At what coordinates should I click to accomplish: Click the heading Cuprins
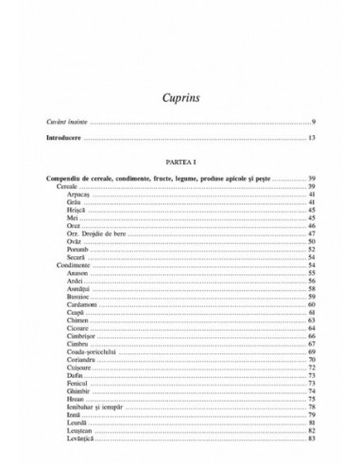[180, 95]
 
